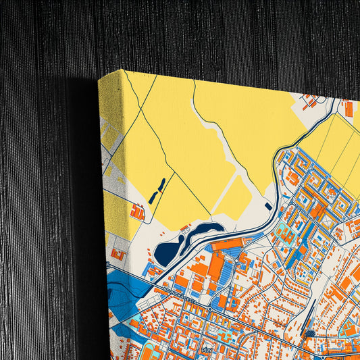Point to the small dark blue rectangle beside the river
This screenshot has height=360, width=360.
click(x=269, y=205)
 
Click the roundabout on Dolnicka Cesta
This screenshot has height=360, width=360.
click(x=211, y=308)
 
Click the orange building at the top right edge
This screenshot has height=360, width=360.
click(x=349, y=108)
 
